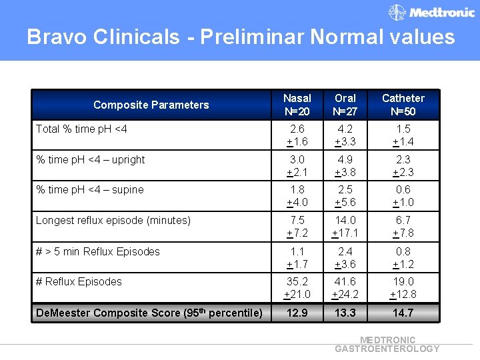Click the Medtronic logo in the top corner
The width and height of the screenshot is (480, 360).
[431, 12]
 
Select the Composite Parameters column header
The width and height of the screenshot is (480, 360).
[151, 105]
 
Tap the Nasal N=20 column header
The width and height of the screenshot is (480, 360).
[297, 104]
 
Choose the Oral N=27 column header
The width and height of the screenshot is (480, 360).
[345, 104]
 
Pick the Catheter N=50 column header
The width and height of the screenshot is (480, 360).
[403, 104]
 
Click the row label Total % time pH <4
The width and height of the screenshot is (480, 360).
[81, 129]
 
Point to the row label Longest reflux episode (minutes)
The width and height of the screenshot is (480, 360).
[113, 220]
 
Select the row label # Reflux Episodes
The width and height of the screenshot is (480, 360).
[79, 281]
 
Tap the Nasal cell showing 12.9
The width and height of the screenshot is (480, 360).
[297, 313]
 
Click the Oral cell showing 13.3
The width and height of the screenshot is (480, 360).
[345, 313]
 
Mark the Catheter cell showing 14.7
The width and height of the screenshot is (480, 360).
[403, 313]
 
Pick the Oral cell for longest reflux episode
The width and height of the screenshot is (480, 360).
[345, 226]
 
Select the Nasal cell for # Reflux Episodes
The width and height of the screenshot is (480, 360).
[297, 287]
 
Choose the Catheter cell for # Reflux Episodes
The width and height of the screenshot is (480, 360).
[403, 287]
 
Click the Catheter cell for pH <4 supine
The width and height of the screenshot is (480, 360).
[403, 196]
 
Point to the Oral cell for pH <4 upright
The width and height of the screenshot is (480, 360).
[345, 166]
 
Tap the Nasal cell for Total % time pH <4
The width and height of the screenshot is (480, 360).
[297, 135]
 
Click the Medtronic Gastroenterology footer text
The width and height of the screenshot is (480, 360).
[387, 344]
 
